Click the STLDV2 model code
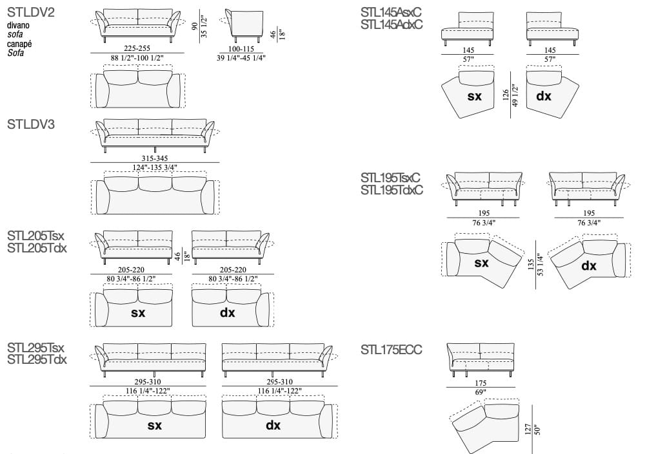pyautogui.click(x=30, y=12)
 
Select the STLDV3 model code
pyautogui.click(x=30, y=124)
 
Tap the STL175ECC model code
pyautogui.click(x=391, y=350)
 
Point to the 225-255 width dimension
pyautogui.click(x=137, y=48)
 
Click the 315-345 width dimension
pyautogui.click(x=155, y=158)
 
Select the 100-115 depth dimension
pyautogui.click(x=241, y=49)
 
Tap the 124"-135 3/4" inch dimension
pyautogui.click(x=155, y=167)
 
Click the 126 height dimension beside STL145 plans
pyautogui.click(x=506, y=95)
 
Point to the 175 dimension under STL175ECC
pyautogui.click(x=481, y=383)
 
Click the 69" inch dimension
pyautogui.click(x=481, y=392)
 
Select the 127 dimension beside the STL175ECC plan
pyautogui.click(x=528, y=429)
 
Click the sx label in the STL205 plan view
pyautogui.click(x=138, y=313)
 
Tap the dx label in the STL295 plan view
pyautogui.click(x=273, y=425)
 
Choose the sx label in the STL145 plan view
pyautogui.click(x=475, y=96)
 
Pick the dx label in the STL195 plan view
pyautogui.click(x=589, y=265)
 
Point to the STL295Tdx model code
pyautogui.click(x=37, y=359)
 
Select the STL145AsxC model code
pyautogui.click(x=391, y=12)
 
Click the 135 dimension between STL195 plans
pyautogui.click(x=530, y=265)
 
